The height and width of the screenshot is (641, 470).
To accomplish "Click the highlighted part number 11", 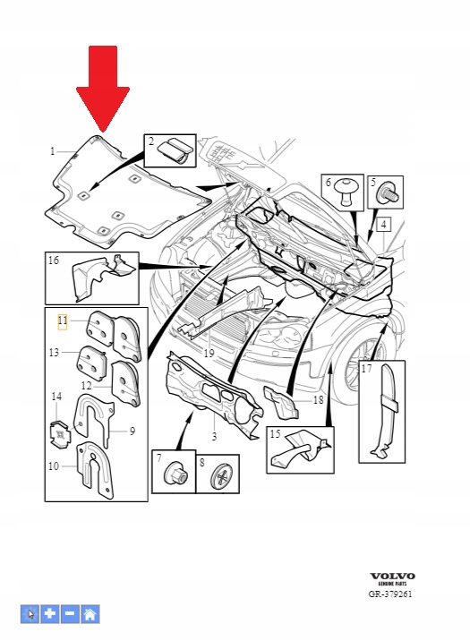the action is pyautogui.click(x=63, y=321).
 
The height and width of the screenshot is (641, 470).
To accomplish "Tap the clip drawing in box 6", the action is pyautogui.click(x=346, y=192).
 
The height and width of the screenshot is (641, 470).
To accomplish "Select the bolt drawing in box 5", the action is pyautogui.click(x=389, y=193).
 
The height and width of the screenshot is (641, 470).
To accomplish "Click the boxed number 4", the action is pyautogui.click(x=383, y=225).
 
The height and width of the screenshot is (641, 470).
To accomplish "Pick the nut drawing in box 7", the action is pyautogui.click(x=176, y=474).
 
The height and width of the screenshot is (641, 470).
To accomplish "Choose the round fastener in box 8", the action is pyautogui.click(x=221, y=476).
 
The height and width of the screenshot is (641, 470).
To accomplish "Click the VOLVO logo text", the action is pyautogui.click(x=392, y=576).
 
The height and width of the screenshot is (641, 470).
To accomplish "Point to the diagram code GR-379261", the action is pyautogui.click(x=390, y=594).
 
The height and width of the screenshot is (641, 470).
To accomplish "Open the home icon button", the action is pyautogui.click(x=90, y=614).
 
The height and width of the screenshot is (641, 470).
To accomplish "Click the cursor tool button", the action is pyautogui.click(x=30, y=614).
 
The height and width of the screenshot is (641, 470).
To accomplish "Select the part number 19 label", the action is pyautogui.click(x=209, y=353).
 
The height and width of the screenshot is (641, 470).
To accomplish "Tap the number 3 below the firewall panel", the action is pyautogui.click(x=214, y=437).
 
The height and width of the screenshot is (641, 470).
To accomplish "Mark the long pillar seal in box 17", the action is pyautogui.click(x=385, y=409).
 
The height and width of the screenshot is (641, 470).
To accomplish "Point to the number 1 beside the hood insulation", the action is pyautogui.click(x=52, y=151).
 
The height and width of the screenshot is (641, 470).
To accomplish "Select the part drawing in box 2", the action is pyautogui.click(x=176, y=151).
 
